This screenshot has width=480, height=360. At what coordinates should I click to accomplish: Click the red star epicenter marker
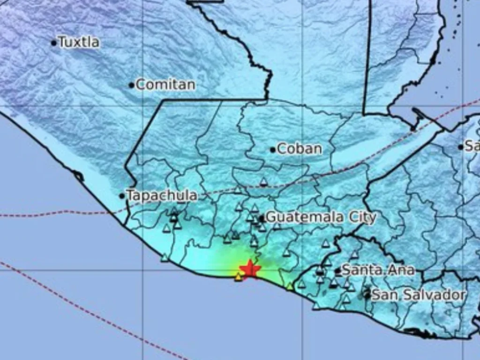pos(249,269)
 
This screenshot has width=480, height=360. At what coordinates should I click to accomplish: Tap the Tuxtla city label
pos(79,42)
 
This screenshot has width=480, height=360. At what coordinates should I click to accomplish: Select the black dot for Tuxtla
pos(54,43)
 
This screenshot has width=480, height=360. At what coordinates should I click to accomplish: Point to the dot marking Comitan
pos(132,85)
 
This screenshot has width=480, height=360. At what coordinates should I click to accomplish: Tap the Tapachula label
pos(162,195)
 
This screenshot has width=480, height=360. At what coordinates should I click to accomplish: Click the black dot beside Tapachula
pos(122,196)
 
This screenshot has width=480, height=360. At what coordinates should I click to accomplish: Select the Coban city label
pos(300,149)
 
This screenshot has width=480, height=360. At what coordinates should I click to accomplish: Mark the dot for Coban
pos(273,150)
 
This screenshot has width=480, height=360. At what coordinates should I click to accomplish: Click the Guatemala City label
pos(321,217)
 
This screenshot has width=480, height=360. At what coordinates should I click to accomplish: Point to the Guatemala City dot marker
pos(262,218)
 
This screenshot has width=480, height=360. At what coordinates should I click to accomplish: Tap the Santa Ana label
pos(378,270)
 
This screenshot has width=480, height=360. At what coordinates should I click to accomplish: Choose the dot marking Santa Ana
pos(337,271)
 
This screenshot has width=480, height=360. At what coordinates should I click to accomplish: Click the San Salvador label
pos(419,295)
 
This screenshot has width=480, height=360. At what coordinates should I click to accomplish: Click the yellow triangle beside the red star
pos(239,277)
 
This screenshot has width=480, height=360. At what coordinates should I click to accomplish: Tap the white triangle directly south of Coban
pos(264,182)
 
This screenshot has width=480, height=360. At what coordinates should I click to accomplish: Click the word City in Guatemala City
pos(361,217)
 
